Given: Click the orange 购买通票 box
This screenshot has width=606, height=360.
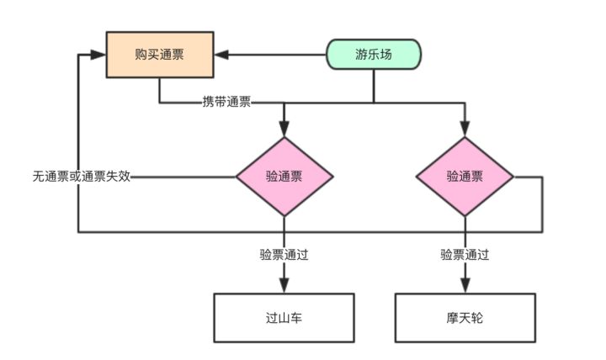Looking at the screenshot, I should click(x=160, y=55).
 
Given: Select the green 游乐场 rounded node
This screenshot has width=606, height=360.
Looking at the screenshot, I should click(x=374, y=56).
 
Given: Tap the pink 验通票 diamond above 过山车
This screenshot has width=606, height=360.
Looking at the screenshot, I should click(x=284, y=177).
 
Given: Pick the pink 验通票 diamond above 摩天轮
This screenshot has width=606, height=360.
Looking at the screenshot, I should click(x=465, y=177).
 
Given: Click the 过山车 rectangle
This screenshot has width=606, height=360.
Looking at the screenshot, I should click(x=284, y=318).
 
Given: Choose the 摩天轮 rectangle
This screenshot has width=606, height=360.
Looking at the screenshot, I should click(x=465, y=318).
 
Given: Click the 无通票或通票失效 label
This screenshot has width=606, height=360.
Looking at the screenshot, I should click(x=82, y=177).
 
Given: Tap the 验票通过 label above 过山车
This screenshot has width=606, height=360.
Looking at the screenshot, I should click(x=284, y=254).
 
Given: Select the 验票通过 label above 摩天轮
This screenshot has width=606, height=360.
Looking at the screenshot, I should click(x=465, y=254).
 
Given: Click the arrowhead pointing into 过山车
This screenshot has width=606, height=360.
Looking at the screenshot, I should click(x=284, y=286).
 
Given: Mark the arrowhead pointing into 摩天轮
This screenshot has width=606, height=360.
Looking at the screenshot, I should click(x=465, y=286).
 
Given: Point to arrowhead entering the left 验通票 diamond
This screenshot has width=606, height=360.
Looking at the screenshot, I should click(x=284, y=130).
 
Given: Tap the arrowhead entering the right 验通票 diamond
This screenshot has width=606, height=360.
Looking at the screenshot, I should click(x=465, y=130).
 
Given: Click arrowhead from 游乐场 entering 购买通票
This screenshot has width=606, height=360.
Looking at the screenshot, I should click(x=221, y=56).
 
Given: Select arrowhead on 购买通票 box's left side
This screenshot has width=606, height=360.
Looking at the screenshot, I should click(x=99, y=56).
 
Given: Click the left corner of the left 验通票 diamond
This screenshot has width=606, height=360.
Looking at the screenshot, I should click(x=237, y=177).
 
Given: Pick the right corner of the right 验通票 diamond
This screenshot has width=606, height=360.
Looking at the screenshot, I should click(x=513, y=177).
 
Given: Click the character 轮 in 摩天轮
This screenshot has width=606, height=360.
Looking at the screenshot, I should click(x=477, y=319).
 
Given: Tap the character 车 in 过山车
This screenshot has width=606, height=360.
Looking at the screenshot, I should click(x=296, y=319).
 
